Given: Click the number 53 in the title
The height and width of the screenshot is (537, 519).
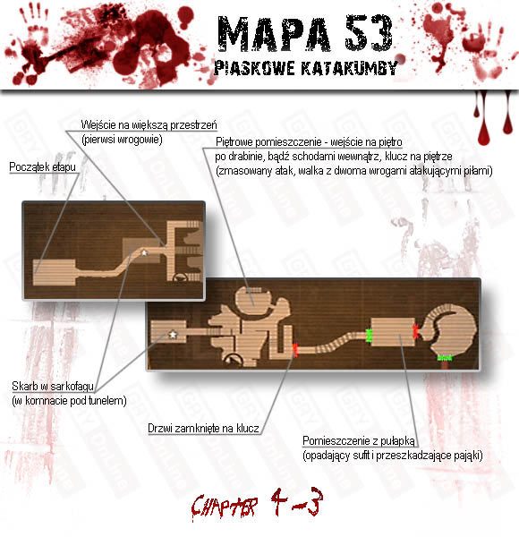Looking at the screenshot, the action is click(x=369, y=32).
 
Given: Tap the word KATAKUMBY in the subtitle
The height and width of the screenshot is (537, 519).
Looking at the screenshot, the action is click(x=349, y=68).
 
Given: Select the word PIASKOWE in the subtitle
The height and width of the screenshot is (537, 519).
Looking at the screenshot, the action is click(x=254, y=68).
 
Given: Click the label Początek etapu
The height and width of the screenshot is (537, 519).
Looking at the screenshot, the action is click(x=42, y=167).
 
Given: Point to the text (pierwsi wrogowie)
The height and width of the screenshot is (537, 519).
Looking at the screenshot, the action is click(x=122, y=140).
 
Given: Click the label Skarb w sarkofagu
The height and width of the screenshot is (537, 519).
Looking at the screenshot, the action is click(x=53, y=387).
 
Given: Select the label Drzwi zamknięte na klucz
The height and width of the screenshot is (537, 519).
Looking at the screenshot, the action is click(x=203, y=428).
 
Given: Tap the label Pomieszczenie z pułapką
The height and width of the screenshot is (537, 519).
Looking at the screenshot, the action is click(x=359, y=441).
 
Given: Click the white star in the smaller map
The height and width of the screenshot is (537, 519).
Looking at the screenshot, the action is click(x=144, y=253).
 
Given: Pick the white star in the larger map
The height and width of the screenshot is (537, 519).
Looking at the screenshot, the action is click(x=173, y=334).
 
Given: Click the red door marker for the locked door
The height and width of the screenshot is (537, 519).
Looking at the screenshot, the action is click(x=295, y=350).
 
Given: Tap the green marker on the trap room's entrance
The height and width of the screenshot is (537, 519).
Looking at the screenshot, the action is click(x=369, y=336).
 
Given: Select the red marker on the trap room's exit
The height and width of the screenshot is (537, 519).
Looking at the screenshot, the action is click(x=416, y=331).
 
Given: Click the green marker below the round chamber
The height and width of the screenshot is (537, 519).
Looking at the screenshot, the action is click(x=445, y=358).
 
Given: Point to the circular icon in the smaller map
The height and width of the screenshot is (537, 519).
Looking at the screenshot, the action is click(x=180, y=277).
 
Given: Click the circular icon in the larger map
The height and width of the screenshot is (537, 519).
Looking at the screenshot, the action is click(x=234, y=359).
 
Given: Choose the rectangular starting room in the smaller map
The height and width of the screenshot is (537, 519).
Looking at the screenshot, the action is click(x=54, y=273).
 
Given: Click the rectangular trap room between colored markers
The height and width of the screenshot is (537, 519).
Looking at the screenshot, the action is click(x=393, y=332).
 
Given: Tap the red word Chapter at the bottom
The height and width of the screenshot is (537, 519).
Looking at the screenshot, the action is click(x=225, y=507).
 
